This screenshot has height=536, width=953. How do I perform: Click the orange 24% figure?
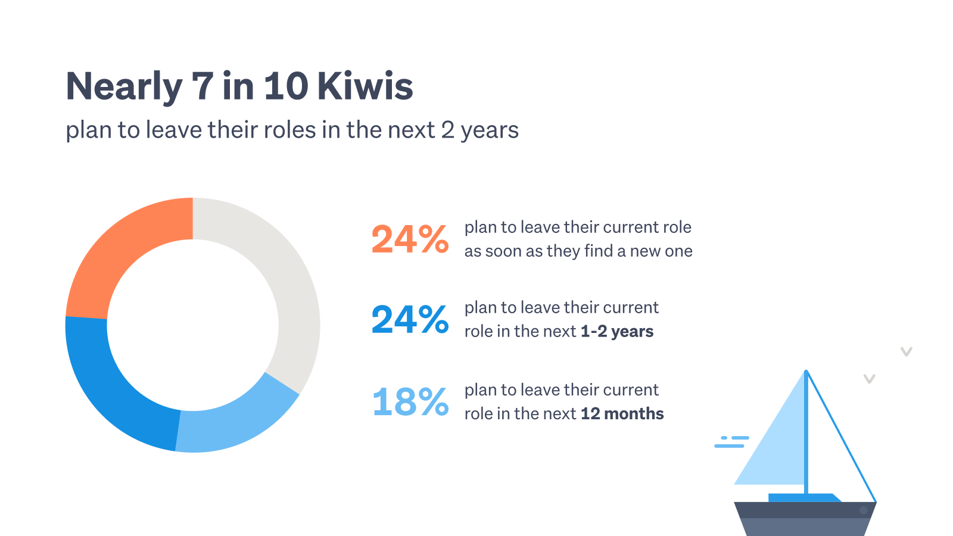click(x=410, y=239)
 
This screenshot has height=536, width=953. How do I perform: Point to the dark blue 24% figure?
click(x=410, y=319)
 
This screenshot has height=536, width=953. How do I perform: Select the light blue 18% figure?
click(x=410, y=401)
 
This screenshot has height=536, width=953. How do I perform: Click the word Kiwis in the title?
click(x=365, y=86)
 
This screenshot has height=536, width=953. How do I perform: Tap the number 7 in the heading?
click(x=203, y=86)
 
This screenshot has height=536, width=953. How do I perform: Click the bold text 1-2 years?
click(x=617, y=331)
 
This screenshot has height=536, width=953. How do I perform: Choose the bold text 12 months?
click(x=622, y=413)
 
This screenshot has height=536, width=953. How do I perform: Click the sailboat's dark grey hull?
click(x=804, y=519)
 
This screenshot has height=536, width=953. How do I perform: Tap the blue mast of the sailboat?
click(x=806, y=434)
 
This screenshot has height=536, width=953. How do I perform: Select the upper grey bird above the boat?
click(x=906, y=352)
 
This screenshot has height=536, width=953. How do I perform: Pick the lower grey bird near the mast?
click(x=869, y=379)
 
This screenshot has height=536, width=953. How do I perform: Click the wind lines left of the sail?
click(x=732, y=441)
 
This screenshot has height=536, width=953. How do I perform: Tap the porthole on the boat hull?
click(x=863, y=510)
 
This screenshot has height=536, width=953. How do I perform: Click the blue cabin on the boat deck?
click(x=804, y=498)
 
